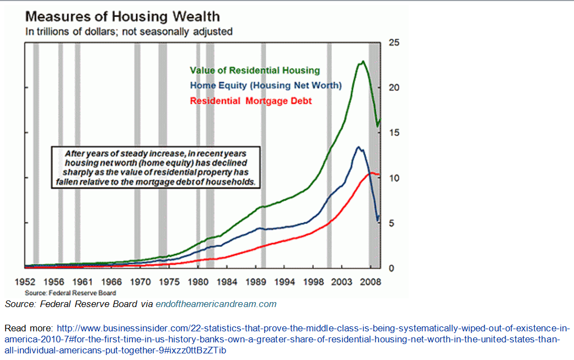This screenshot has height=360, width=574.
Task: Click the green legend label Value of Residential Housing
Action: coord(254,71)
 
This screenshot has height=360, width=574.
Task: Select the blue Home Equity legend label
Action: coord(266,85)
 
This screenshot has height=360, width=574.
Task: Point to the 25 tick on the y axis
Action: coord(395,42)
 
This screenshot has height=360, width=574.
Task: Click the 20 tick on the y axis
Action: coord(395,88)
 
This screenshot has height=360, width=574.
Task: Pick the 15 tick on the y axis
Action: coord(395,133)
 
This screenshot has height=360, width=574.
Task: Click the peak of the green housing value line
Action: coord(362,61)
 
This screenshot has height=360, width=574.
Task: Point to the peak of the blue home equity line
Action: coord(358,147)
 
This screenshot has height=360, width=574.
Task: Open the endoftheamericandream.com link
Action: coord(216,304)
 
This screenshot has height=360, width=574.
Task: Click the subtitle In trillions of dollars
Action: coord(129,31)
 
